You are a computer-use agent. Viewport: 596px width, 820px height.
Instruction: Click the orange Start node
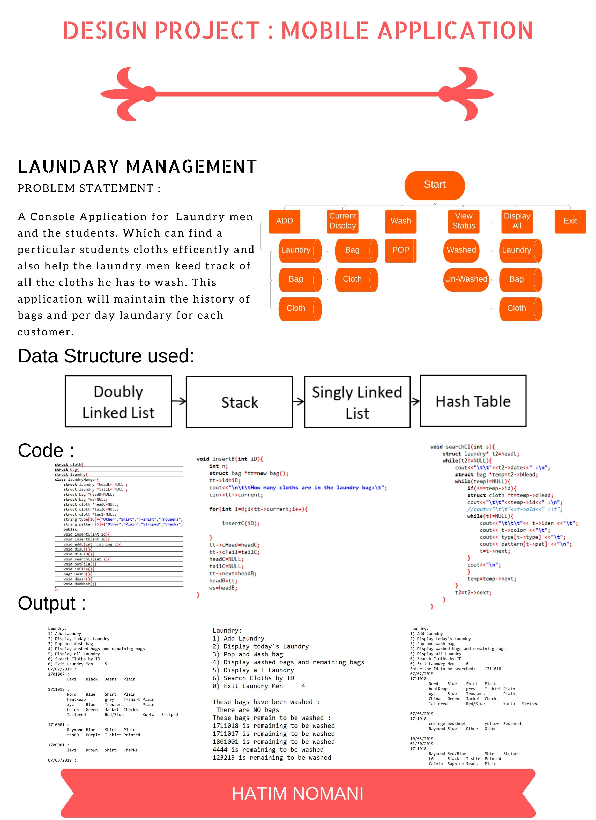[x=434, y=185]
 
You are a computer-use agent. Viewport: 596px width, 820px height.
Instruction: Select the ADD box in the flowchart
[x=285, y=221]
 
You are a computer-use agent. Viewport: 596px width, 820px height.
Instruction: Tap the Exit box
[x=570, y=221]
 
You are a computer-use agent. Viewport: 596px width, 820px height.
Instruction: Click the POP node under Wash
[x=400, y=250]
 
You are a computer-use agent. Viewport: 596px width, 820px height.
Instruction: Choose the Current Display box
[x=343, y=221]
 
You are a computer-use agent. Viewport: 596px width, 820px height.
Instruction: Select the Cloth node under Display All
[x=517, y=308]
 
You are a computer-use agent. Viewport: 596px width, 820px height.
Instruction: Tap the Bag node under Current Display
[x=352, y=250]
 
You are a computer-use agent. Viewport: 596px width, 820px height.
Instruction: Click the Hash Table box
[x=473, y=401]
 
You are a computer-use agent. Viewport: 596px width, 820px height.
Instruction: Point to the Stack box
[x=239, y=402]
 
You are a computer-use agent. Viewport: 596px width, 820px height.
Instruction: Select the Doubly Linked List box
[x=118, y=402]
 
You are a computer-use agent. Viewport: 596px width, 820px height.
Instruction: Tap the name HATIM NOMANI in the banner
[x=297, y=794]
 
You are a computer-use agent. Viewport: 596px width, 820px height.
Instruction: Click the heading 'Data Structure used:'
[x=106, y=356]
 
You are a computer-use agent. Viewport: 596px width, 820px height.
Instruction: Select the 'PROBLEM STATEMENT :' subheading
[x=89, y=188]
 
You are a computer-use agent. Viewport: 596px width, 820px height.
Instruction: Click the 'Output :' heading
[x=52, y=603]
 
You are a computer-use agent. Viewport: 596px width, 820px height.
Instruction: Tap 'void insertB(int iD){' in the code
[x=229, y=459]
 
